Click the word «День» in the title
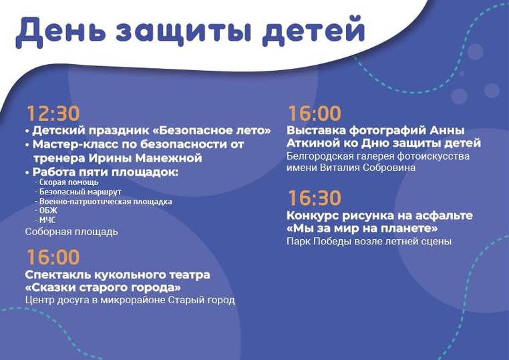[x=61, y=31]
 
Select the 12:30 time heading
[x=53, y=114]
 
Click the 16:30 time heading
[x=315, y=198]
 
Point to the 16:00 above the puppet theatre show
[x=53, y=257]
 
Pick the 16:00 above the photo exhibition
[x=315, y=114]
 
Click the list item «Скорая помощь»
[x=69, y=182]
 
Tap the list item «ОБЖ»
[x=48, y=210]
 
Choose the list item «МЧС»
[x=47, y=220]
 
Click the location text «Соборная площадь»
[x=71, y=232]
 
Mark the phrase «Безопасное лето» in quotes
[x=211, y=130]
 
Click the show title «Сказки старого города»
[x=103, y=288]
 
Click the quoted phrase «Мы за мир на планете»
[x=362, y=228]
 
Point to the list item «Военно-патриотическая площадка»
[x=106, y=202]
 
